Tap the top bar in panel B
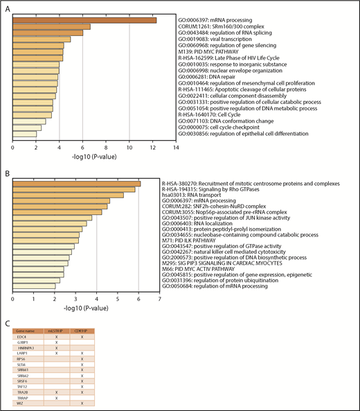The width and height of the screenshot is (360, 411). click(x=76, y=183)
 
